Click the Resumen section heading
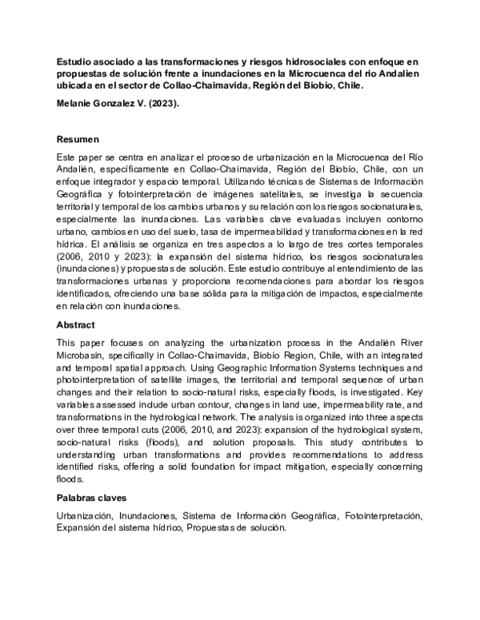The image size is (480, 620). click(78, 139)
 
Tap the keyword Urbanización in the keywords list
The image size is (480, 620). click(87, 517)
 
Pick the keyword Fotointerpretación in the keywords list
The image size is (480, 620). click(382, 517)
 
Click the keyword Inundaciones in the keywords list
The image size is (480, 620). click(149, 517)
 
